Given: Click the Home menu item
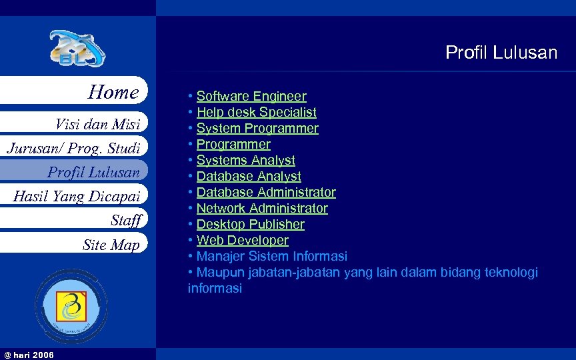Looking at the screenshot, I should click(113, 92).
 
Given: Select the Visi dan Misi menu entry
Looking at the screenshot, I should click(97, 124).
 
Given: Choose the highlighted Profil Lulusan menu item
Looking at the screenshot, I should click(93, 172).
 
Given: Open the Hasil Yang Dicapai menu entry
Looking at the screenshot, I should click(77, 196).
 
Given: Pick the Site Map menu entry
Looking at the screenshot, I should click(111, 245).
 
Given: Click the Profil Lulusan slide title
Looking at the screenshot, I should click(501, 53).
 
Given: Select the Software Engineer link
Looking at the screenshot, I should click(251, 97).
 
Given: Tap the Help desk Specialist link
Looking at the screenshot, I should click(256, 113).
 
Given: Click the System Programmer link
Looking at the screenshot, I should click(257, 128).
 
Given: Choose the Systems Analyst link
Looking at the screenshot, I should click(245, 160).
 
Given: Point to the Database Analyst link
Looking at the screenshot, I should click(249, 176).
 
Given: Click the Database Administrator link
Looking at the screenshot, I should click(266, 192).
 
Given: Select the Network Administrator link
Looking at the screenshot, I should click(262, 208).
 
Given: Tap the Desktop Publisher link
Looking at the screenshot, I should click(250, 224).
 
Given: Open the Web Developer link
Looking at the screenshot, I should click(242, 240).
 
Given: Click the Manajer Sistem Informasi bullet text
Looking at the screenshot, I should click(271, 256).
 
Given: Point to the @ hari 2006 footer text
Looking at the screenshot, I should click(29, 355).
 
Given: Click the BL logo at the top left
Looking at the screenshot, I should click(77, 49).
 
